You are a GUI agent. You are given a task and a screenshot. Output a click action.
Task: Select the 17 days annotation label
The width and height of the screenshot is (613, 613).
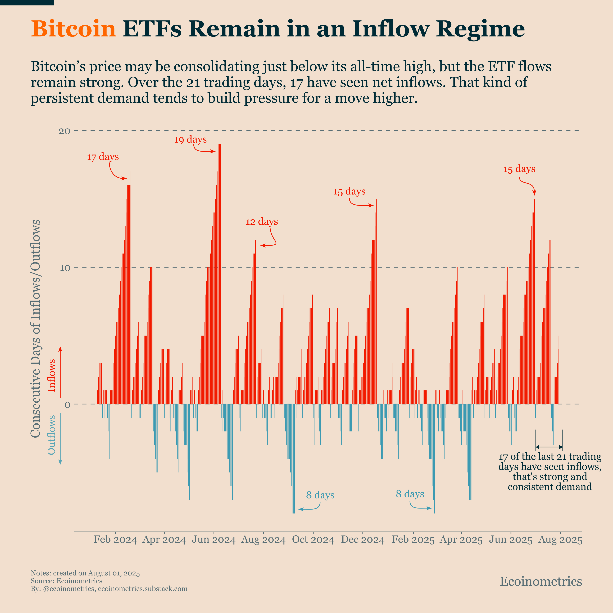pyautogui.click(x=103, y=157)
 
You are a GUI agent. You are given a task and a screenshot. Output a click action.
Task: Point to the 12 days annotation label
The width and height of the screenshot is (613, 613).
pyautogui.click(x=262, y=221)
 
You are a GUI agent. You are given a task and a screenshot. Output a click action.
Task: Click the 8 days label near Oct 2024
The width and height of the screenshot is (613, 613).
pyautogui.click(x=320, y=495)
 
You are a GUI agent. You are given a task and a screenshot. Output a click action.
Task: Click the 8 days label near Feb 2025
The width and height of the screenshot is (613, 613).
pyautogui.click(x=410, y=494)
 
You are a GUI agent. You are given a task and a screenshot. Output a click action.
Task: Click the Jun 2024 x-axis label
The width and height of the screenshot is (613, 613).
pyautogui.click(x=214, y=540)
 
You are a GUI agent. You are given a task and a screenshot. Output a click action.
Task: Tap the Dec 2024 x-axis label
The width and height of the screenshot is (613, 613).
pyautogui.click(x=363, y=540)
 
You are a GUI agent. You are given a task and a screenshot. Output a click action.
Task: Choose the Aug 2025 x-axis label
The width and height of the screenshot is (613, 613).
pyautogui.click(x=560, y=540)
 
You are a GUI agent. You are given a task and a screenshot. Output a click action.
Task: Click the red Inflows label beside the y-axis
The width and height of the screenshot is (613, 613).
pyautogui.click(x=51, y=375)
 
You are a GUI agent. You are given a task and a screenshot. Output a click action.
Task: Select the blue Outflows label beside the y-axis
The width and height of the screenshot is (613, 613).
pyautogui.click(x=51, y=435)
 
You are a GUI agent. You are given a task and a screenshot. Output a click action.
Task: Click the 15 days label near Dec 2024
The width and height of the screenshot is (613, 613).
pyautogui.click(x=349, y=192)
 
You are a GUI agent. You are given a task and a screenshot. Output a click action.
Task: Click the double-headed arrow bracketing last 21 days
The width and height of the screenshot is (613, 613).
pyautogui.click(x=549, y=447)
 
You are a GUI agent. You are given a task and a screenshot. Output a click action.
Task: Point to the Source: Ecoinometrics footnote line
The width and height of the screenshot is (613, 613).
pyautogui.click(x=66, y=581)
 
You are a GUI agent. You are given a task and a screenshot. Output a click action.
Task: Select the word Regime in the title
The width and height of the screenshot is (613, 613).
pyautogui.click(x=480, y=29)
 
